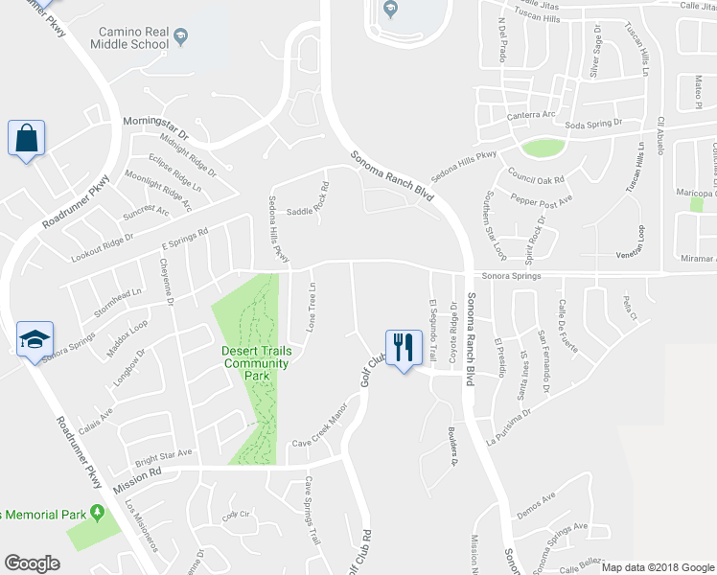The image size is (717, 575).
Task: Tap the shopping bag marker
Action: [x=26, y=138]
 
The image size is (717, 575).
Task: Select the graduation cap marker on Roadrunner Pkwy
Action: [x=35, y=339]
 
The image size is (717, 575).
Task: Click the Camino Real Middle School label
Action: [x=132, y=37]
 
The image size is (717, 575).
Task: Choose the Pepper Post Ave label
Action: [x=544, y=199]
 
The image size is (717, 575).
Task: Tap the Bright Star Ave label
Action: [x=162, y=452]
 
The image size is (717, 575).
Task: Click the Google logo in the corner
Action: [x=33, y=563]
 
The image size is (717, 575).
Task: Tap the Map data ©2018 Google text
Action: [x=658, y=567]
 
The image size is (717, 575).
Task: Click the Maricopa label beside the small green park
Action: [x=682, y=193]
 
